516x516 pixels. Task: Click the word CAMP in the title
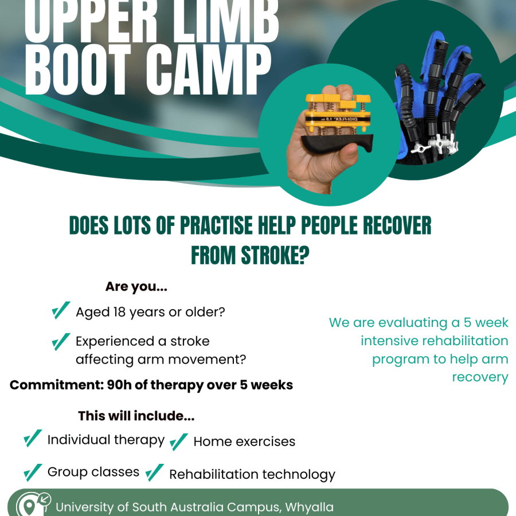pos(209,69)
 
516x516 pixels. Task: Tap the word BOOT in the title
pos(79,69)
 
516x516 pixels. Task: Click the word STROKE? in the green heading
pos(251,255)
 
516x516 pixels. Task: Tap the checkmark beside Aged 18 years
pos(61,310)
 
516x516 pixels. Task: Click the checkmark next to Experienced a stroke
pos(61,342)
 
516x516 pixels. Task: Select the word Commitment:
pos(57,385)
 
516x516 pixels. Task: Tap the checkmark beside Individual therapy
pos(33,439)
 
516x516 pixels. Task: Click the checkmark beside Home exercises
pos(179,441)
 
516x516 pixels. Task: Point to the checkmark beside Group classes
pos(33,472)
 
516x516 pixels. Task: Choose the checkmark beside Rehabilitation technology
pos(154,472)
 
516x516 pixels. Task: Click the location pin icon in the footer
pos(29,507)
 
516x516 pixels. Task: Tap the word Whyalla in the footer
pos(310,507)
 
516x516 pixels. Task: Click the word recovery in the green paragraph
pos(480,377)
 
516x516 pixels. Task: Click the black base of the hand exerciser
pos(337,144)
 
